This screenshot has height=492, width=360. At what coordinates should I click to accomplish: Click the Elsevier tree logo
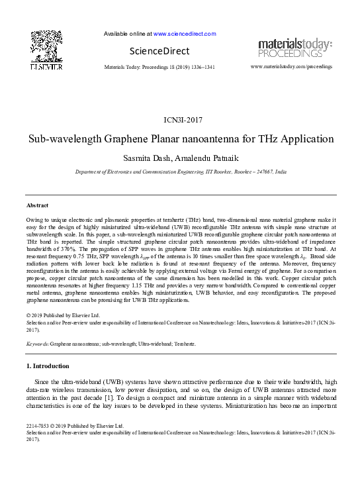point(47,48)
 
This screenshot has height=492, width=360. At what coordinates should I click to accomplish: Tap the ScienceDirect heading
point(159,51)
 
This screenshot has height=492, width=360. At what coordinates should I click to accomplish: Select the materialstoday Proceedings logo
point(295,48)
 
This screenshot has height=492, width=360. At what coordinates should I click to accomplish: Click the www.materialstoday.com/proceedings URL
point(292,67)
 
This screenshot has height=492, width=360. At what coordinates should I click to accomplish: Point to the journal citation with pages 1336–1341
point(159,68)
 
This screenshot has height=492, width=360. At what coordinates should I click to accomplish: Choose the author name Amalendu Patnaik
point(210,158)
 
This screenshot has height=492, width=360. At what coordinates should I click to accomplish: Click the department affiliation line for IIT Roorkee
point(181,172)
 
